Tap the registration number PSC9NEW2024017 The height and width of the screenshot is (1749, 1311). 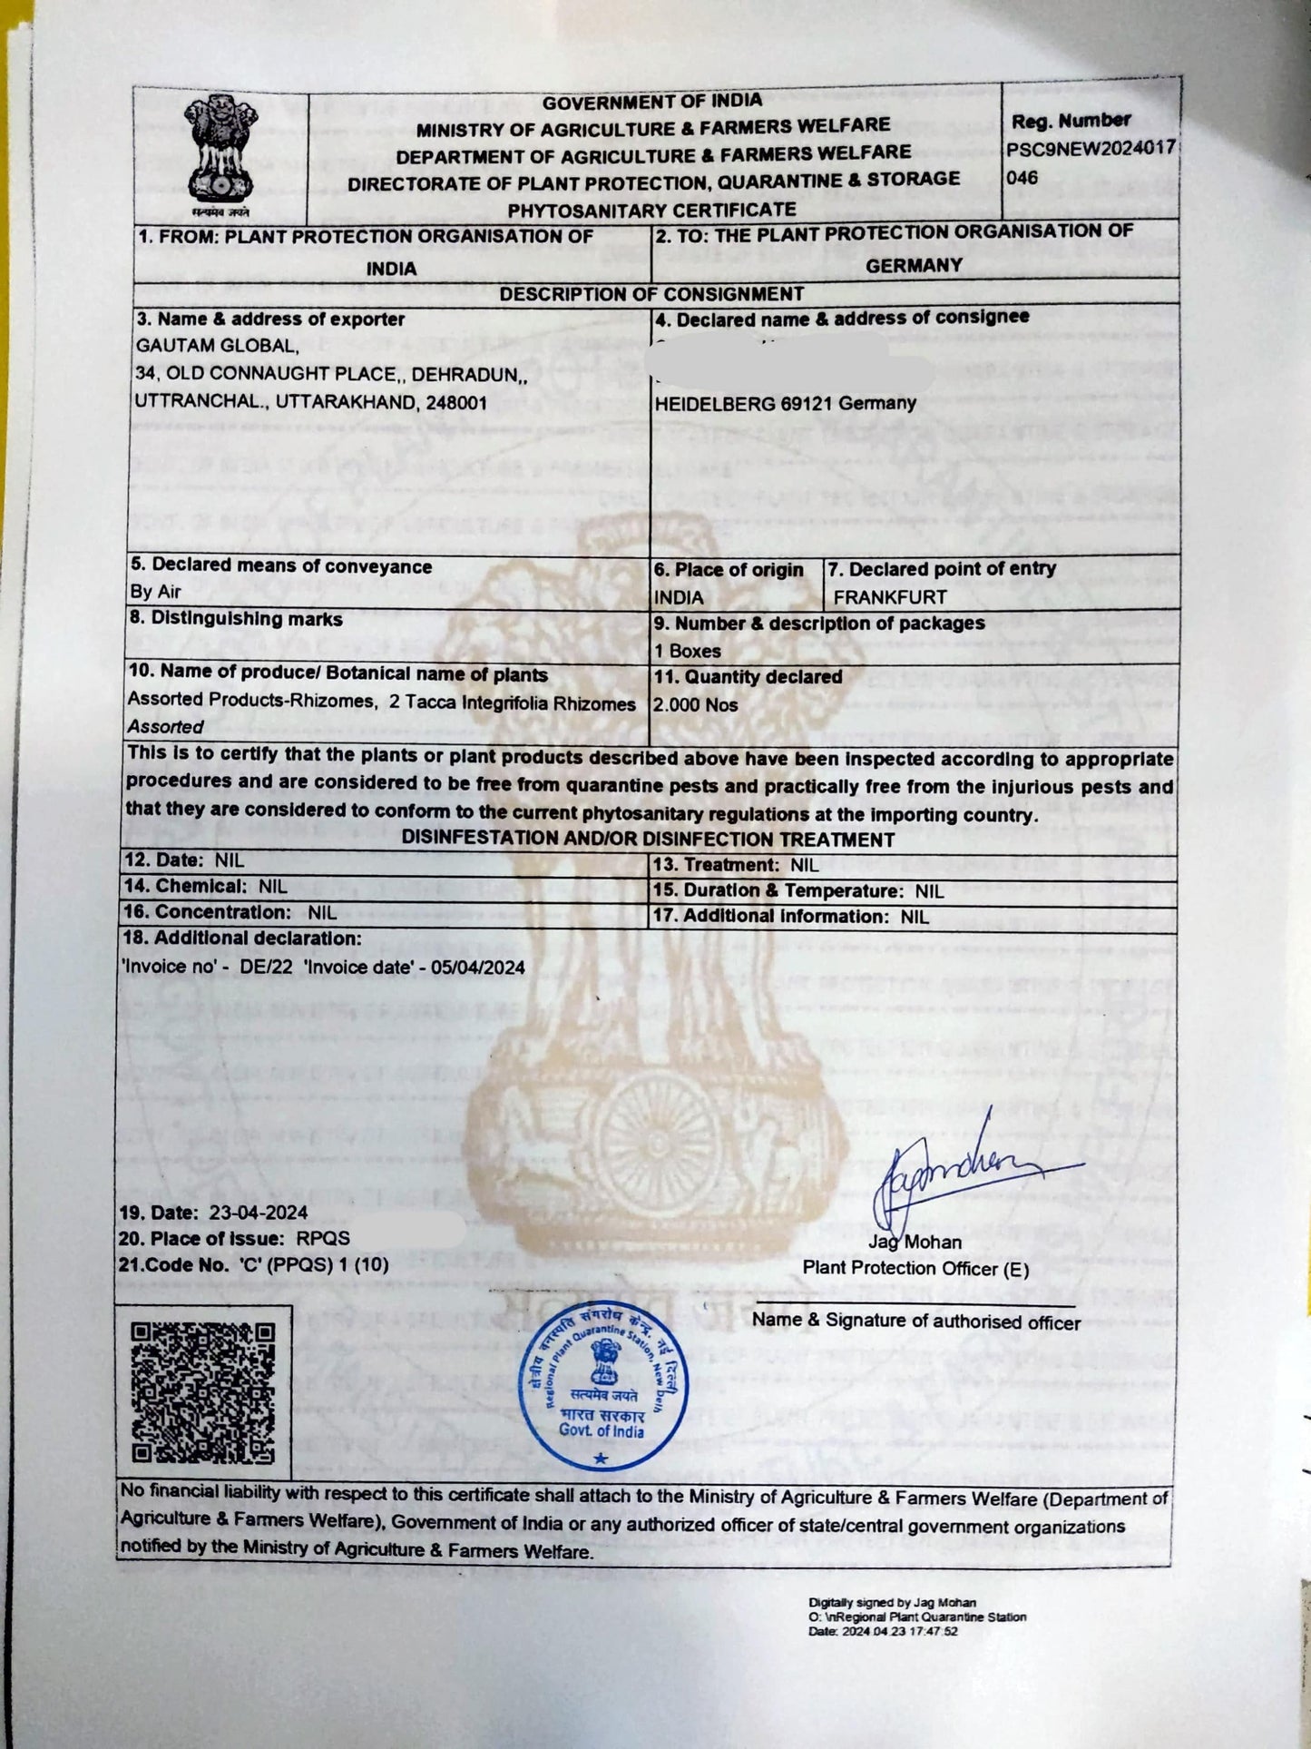pyautogui.click(x=1091, y=149)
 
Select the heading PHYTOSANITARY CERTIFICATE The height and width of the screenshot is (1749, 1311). pyautogui.click(x=651, y=210)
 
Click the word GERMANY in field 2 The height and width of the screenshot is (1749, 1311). pyautogui.click(x=913, y=265)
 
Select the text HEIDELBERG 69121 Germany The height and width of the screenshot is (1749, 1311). pyautogui.click(x=785, y=403)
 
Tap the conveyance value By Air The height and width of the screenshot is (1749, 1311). pyautogui.click(x=155, y=592)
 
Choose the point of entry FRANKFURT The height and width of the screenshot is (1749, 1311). pyautogui.click(x=889, y=597)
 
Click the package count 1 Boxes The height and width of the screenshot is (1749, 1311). pyautogui.click(x=688, y=651)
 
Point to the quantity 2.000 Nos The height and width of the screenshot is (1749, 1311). pyautogui.click(x=696, y=704)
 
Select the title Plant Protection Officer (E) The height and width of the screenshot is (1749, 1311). pyautogui.click(x=915, y=1269)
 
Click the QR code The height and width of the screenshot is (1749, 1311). pyautogui.click(x=203, y=1393)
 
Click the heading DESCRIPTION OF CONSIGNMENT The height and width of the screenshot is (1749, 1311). pyautogui.click(x=651, y=294)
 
